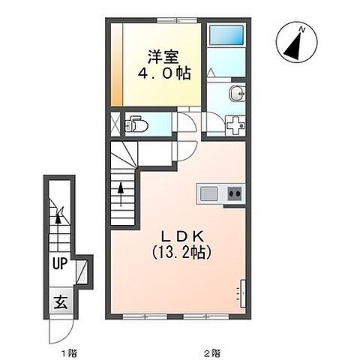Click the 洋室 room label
tap(163, 57)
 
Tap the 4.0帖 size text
tap(164, 73)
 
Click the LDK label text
tap(183, 236)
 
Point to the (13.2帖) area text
tap(181, 252)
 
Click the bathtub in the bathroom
tap(226, 35)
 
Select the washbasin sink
tap(237, 93)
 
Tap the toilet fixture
tap(136, 124)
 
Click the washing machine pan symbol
tap(235, 126)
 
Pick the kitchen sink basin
tap(209, 194)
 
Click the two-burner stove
tap(235, 193)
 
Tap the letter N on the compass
tap(302, 30)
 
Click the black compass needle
tap(294, 46)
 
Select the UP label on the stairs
tap(60, 263)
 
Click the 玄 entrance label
tap(61, 302)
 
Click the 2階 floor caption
tap(213, 353)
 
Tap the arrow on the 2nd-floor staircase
tap(121, 194)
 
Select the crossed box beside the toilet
tap(115, 124)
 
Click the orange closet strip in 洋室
tap(116, 64)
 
